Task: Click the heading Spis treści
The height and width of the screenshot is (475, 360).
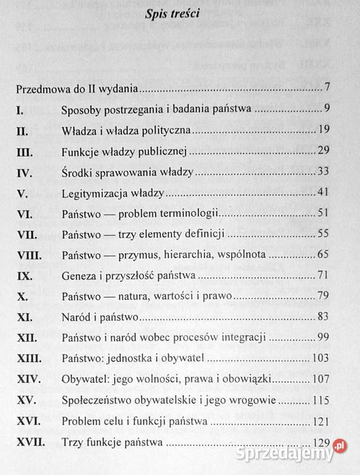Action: coord(179,15)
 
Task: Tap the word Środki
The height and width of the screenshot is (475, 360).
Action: coord(77,173)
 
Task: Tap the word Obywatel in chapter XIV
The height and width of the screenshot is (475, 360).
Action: coord(84,379)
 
